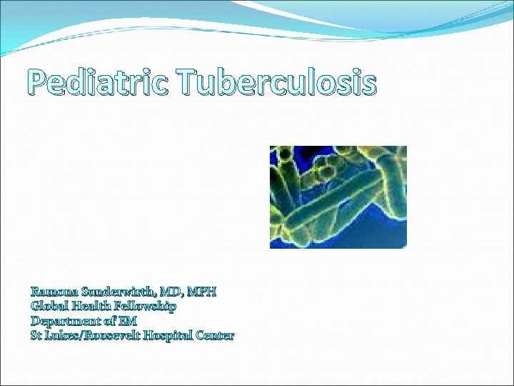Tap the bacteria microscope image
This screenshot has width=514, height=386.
tap(338, 197)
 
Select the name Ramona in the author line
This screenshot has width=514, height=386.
tap(54, 292)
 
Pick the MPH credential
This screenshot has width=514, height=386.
tap(204, 292)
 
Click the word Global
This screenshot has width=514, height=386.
tap(49, 306)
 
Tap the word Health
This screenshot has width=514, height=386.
tap(91, 306)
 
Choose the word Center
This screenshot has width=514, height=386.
tap(215, 335)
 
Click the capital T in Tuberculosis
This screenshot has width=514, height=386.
tap(188, 84)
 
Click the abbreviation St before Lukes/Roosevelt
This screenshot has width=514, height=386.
tap(37, 335)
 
